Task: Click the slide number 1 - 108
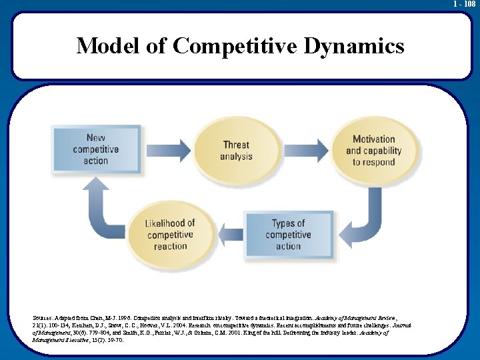pos(464,4)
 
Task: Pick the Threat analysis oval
pos(236,150)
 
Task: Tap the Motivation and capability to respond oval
pos(373,150)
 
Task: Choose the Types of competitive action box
pos(288,235)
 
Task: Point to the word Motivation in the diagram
pos(373,139)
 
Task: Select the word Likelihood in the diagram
pos(170,223)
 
